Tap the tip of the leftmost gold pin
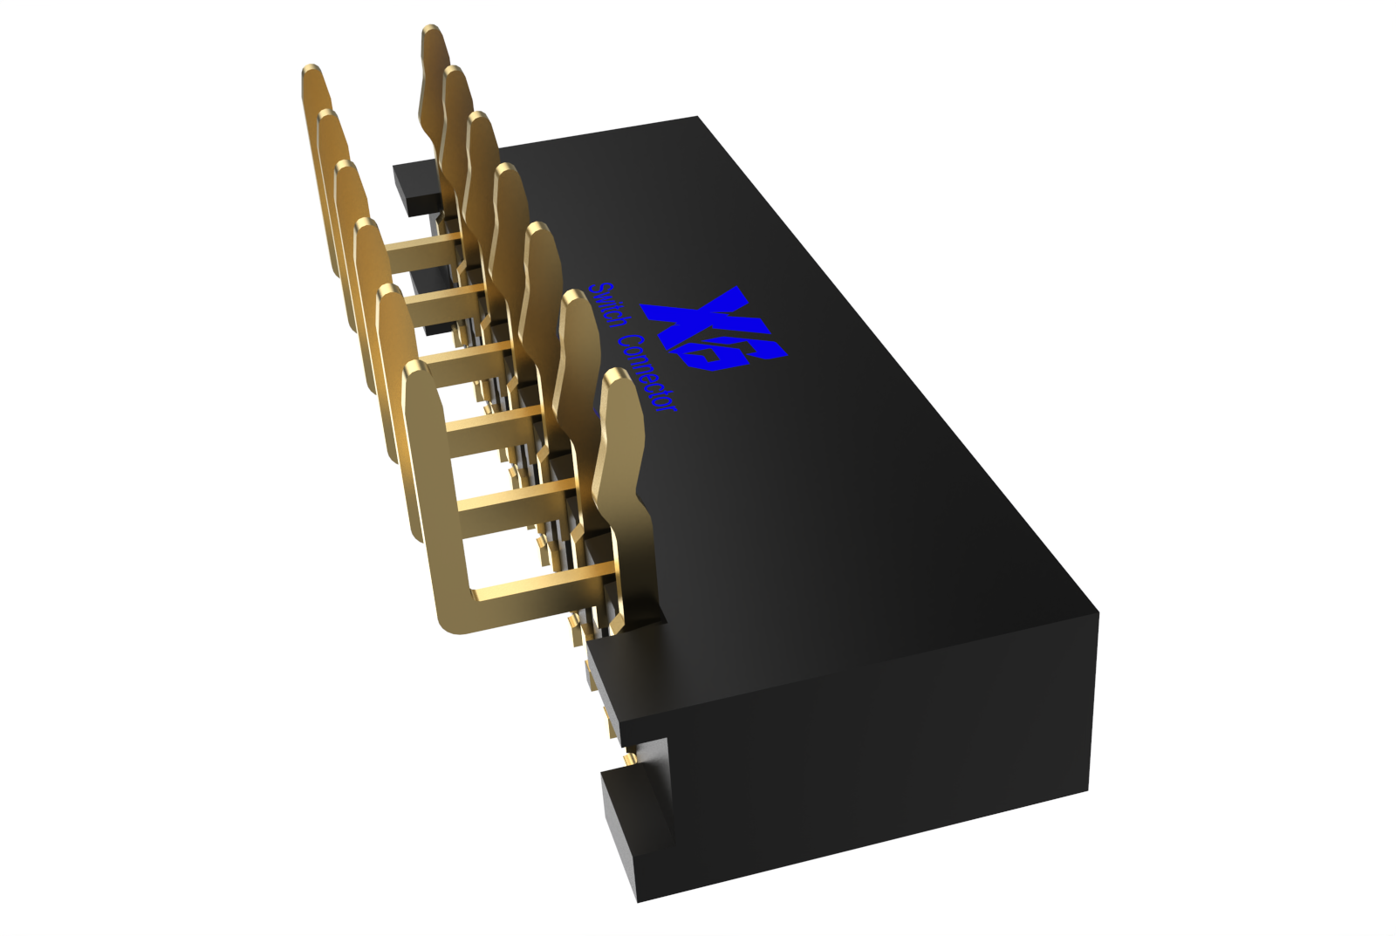pos(311,72)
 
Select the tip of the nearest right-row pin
pos(619,377)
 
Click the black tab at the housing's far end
pos(415,187)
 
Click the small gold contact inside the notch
pos(628,760)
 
